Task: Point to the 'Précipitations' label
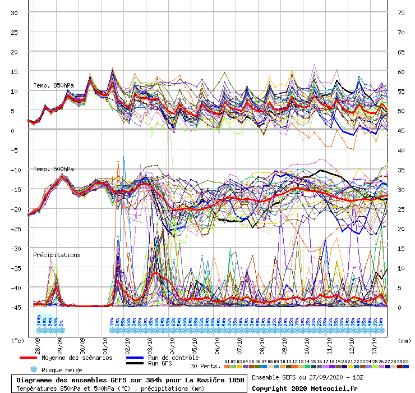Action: pyautogui.click(x=57, y=255)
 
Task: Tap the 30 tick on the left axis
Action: pyautogui.click(x=15, y=13)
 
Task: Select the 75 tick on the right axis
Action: pyautogui.click(x=401, y=13)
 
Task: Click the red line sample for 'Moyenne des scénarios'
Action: pyautogui.click(x=35, y=358)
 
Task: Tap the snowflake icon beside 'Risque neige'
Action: pyautogui.click(x=34, y=370)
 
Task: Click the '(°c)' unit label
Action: pyautogui.click(x=19, y=340)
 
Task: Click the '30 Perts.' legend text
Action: pyautogui.click(x=205, y=366)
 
